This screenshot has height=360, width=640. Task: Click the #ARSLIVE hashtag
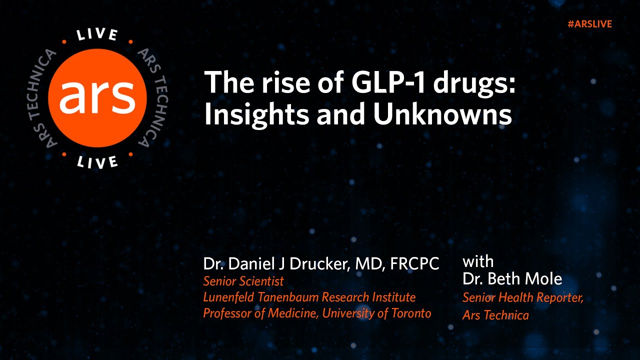[x=589, y=24]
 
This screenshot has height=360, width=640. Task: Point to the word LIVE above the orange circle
[x=97, y=35]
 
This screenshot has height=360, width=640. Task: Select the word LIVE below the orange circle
[x=97, y=161]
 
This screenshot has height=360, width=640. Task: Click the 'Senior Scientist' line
[x=243, y=281]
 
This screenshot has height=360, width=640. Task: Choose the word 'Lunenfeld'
[x=227, y=297]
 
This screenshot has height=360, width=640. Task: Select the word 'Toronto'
[x=410, y=313]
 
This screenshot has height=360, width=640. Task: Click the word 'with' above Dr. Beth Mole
[x=478, y=261]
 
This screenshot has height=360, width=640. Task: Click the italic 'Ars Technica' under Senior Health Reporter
[x=495, y=315]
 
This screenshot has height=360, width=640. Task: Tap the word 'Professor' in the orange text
[x=225, y=313]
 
